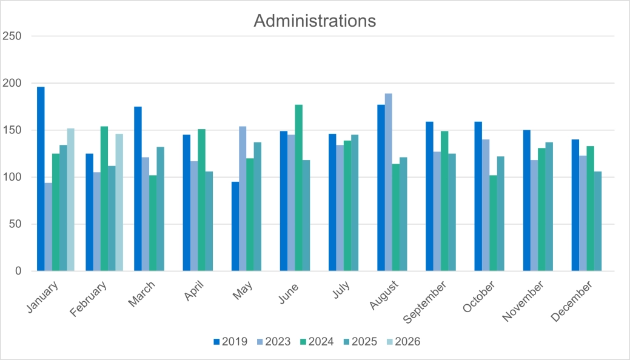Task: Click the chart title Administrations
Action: [315, 21]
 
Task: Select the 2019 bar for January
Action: [41, 179]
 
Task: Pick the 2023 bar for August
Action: [389, 182]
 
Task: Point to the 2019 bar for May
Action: [235, 226]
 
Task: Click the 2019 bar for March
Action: [138, 188]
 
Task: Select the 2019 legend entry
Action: [230, 342]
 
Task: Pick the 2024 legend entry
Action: [316, 342]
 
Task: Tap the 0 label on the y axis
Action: [18, 271]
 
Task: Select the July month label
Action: [341, 289]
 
